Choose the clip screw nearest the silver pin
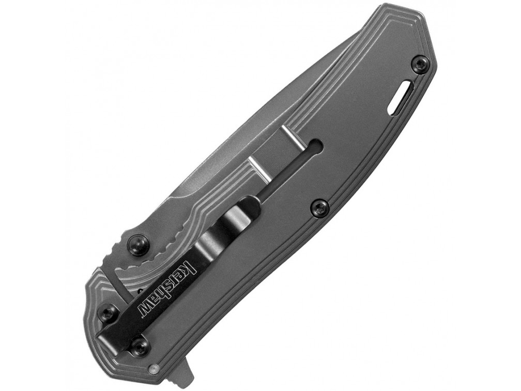pos(139,350)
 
